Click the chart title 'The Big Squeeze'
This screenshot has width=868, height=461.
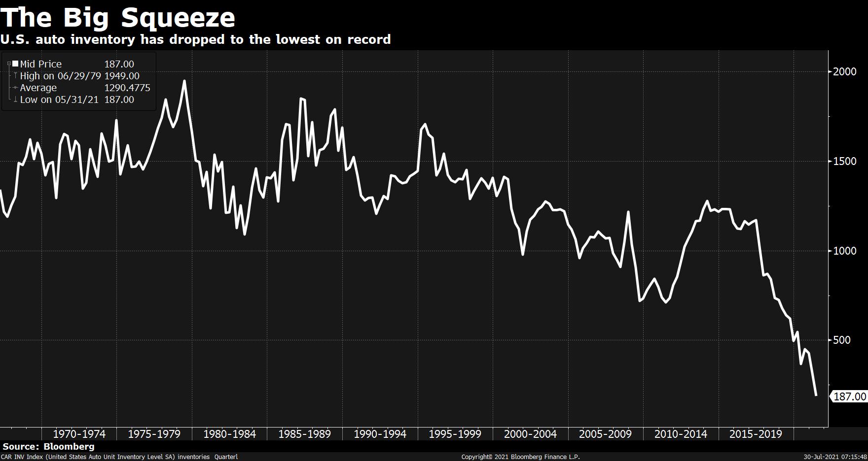pyautogui.click(x=118, y=18)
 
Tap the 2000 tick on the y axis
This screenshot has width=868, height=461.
pyautogui.click(x=845, y=71)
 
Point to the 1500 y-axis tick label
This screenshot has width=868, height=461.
pyautogui.click(x=845, y=161)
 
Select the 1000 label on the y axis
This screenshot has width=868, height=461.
pyautogui.click(x=845, y=251)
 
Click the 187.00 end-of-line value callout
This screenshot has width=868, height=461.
pyautogui.click(x=849, y=396)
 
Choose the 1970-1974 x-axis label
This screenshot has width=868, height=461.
pyautogui.click(x=79, y=434)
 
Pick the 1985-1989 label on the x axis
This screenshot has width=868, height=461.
pyautogui.click(x=304, y=434)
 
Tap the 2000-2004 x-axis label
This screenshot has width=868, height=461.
pyautogui.click(x=530, y=434)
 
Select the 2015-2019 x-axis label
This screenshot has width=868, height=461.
pyautogui.click(x=756, y=434)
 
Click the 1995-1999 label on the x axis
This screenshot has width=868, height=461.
pyautogui.click(x=455, y=434)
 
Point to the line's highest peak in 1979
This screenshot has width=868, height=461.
pyautogui.click(x=184, y=81)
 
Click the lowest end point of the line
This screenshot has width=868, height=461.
pyautogui.click(x=816, y=395)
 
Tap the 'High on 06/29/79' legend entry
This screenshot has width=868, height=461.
pyautogui.click(x=60, y=76)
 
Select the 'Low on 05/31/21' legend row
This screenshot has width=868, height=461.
pyautogui.click(x=59, y=99)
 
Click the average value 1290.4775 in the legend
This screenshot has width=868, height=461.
pyautogui.click(x=127, y=88)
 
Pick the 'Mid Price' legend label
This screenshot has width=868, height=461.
pyautogui.click(x=41, y=64)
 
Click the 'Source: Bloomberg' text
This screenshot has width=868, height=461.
pyautogui.click(x=48, y=447)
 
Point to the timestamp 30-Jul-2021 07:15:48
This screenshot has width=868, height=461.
pyautogui.click(x=835, y=457)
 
